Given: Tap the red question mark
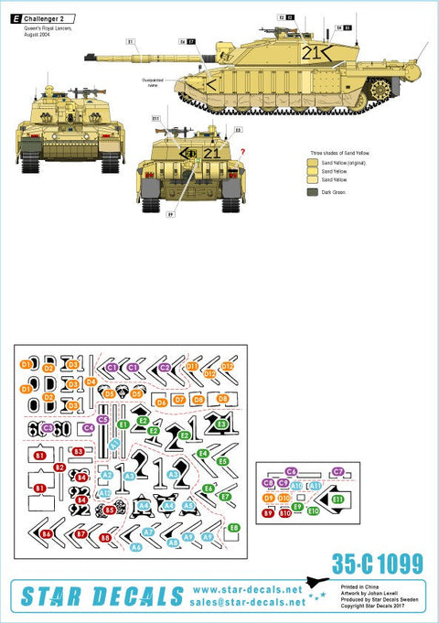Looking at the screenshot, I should point(243,140).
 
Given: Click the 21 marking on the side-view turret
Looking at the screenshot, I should point(313,53).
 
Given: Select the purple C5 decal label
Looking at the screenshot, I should point(102,419).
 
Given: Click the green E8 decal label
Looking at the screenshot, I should point(234,528).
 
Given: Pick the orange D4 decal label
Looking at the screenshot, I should point(91,381).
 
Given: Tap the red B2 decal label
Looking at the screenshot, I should point(59,467).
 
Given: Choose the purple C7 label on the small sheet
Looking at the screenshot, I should point(338,471).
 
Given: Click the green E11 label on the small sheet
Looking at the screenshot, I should point(337,499).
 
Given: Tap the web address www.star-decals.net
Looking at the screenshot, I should point(248,590).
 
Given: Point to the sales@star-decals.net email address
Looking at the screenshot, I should point(248,604).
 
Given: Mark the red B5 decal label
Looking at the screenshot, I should point(110,510).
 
